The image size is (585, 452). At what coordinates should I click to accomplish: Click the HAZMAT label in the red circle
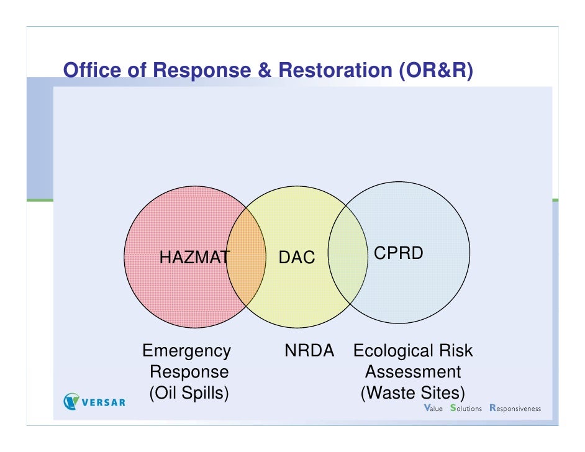(x=194, y=256)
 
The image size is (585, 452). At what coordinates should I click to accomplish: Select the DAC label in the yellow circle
(x=297, y=256)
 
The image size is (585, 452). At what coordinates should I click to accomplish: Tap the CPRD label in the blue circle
(x=397, y=253)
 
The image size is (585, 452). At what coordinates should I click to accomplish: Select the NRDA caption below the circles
(x=309, y=351)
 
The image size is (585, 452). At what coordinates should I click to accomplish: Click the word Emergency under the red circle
(x=186, y=351)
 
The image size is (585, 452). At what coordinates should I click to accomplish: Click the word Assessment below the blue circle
(x=412, y=373)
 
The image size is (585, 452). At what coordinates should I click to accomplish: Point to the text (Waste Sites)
(x=412, y=393)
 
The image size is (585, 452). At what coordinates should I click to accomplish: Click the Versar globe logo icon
(x=73, y=402)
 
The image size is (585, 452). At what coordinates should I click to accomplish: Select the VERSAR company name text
(x=104, y=402)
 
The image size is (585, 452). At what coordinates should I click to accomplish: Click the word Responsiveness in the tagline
(x=515, y=409)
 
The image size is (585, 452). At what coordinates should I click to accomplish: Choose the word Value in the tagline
(x=432, y=409)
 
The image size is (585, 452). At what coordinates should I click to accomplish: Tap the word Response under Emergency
(x=189, y=373)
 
